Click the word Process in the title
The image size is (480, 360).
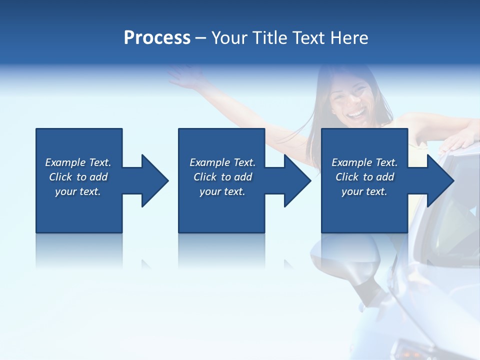[157, 38]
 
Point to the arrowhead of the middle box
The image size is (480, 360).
[296, 180]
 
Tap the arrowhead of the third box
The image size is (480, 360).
[439, 180]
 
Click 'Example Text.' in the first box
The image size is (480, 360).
[78, 162]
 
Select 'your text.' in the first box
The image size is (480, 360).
[78, 191]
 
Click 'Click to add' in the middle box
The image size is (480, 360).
[222, 177]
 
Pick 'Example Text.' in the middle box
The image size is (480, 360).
[222, 162]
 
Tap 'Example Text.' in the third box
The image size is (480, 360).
[364, 162]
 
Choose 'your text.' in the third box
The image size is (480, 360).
[364, 191]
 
